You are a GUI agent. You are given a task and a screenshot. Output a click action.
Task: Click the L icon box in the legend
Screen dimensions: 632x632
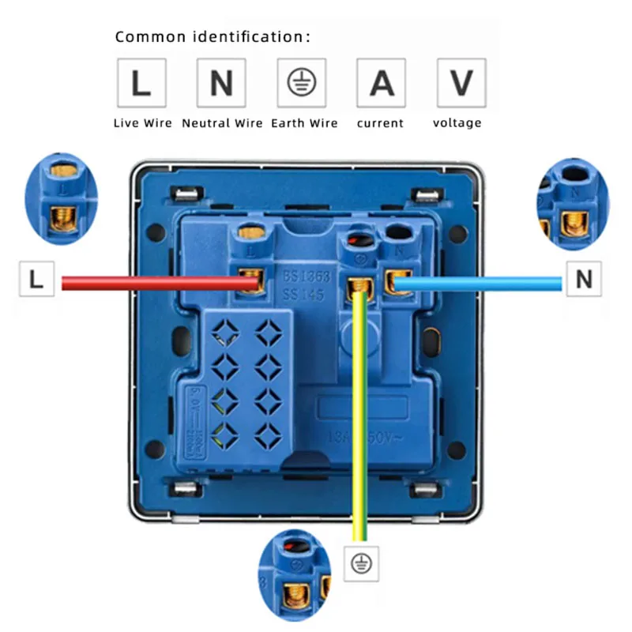tap(141, 83)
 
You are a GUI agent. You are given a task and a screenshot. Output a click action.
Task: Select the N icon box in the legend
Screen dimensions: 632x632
tap(221, 83)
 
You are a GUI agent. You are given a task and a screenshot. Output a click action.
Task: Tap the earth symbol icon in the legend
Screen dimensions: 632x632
tap(302, 83)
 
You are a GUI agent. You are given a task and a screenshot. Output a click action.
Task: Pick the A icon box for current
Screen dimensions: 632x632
tap(382, 83)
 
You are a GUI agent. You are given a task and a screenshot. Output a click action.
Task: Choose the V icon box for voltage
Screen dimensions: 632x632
tap(461, 83)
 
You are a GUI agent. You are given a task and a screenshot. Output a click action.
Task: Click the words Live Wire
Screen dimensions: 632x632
tap(142, 123)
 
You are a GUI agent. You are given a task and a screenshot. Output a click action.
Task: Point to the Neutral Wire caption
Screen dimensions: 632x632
tap(223, 123)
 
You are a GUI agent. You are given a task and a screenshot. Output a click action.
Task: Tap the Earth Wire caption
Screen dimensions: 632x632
tap(304, 123)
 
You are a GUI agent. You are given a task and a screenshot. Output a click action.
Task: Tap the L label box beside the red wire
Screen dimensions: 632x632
tap(36, 279)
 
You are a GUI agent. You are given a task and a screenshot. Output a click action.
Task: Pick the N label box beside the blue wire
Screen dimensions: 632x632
tap(584, 279)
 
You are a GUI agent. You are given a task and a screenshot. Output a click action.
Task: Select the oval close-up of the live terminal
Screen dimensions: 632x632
tap(62, 199)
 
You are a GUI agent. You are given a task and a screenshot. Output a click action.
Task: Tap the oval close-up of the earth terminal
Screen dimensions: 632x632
tap(295, 574)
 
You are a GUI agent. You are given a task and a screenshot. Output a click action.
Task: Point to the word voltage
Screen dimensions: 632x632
tap(457, 123)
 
